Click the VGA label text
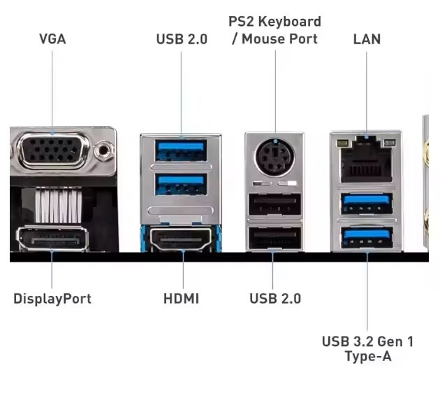pyautogui.click(x=52, y=39)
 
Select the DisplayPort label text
pyautogui.click(x=52, y=299)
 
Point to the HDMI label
pyautogui.click(x=182, y=299)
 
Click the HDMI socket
pyautogui.click(x=182, y=241)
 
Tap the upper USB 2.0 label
pyautogui.click(x=182, y=39)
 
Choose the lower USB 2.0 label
pyautogui.click(x=275, y=299)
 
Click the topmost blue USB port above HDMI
pyautogui.click(x=182, y=150)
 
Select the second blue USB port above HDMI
pyautogui.click(x=182, y=184)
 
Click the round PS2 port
pyautogui.click(x=275, y=153)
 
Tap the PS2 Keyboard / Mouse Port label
pyautogui.click(x=275, y=30)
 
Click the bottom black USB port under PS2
pyautogui.click(x=275, y=239)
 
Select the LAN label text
pyautogui.click(x=367, y=39)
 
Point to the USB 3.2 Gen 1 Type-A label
pyautogui.click(x=367, y=348)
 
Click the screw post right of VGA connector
pyautogui.click(x=105, y=148)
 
